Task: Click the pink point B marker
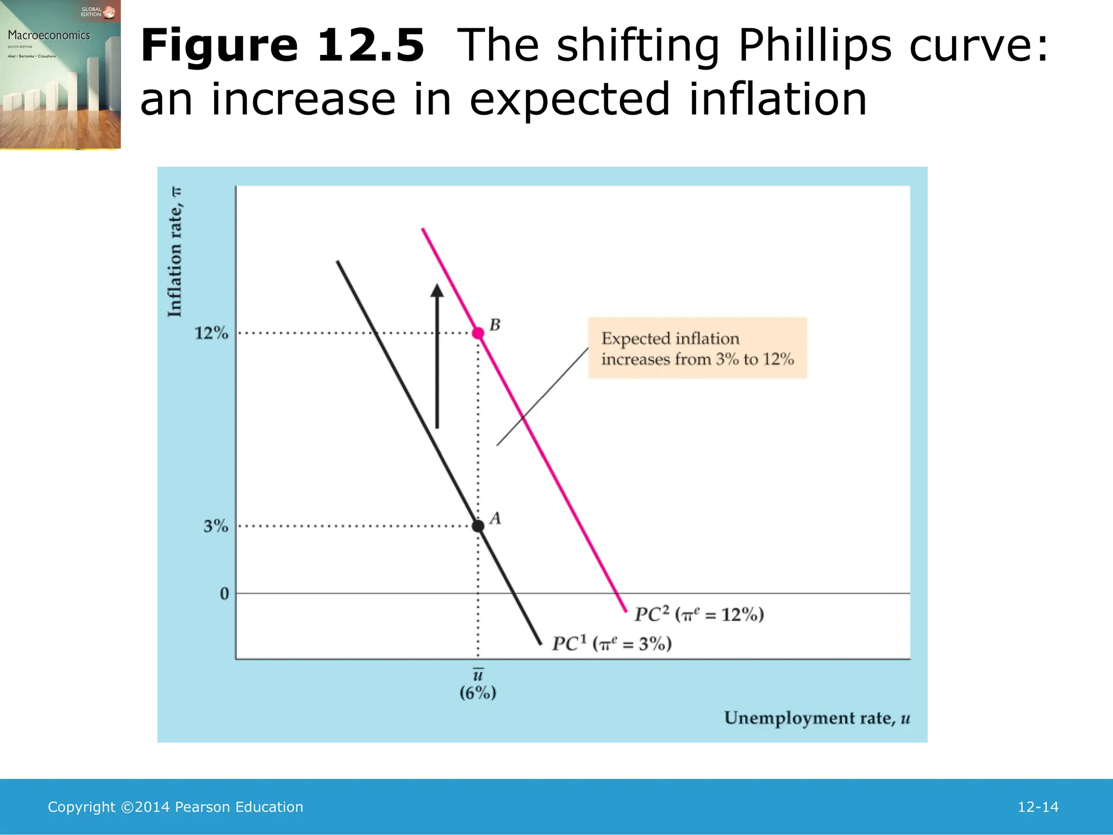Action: [x=478, y=333]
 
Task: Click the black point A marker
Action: [x=478, y=526]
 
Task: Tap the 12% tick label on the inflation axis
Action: [x=211, y=333]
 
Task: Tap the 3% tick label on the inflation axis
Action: [x=216, y=526]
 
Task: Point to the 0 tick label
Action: [x=224, y=594]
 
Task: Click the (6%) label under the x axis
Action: [x=478, y=693]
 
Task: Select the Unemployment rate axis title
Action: [x=817, y=718]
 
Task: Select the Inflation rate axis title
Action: [x=175, y=252]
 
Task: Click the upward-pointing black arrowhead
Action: [x=437, y=291]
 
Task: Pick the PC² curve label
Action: [x=699, y=615]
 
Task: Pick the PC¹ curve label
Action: [x=612, y=644]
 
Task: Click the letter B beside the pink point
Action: [x=495, y=325]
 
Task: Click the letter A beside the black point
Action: [x=495, y=519]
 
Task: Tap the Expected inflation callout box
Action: [x=698, y=348]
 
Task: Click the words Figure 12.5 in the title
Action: [x=282, y=46]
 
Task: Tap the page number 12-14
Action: [x=1038, y=807]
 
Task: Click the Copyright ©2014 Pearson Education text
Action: [x=176, y=807]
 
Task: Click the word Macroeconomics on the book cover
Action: [x=49, y=35]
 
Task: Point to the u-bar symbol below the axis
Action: [x=478, y=675]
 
